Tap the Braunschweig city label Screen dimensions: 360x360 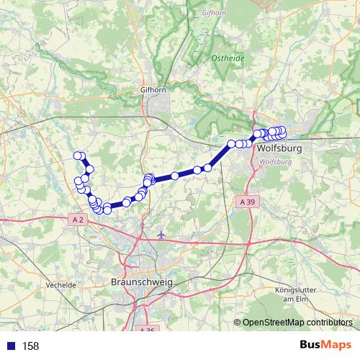coord(143,283)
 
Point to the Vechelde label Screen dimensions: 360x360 coord(60,284)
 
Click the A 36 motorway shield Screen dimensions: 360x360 coord(145,329)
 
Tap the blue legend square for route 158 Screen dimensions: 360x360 coord(9,346)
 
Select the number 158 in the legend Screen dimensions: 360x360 coord(30,346)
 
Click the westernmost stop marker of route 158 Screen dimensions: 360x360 coord(77,156)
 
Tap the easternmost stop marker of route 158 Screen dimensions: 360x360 coord(282,131)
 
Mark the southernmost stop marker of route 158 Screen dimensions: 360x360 coord(107,210)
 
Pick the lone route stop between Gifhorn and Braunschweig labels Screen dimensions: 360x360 coord(175,176)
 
